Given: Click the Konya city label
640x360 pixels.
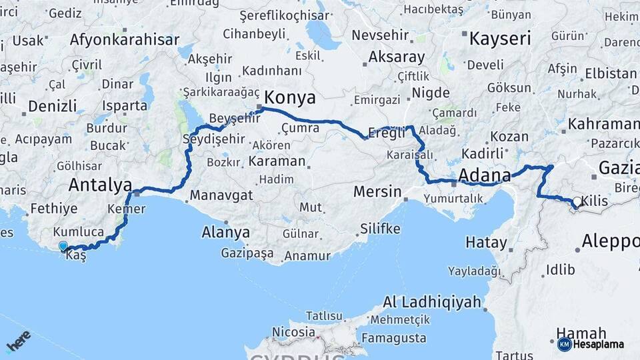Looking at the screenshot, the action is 290,97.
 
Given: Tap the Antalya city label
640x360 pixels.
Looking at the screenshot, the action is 100,184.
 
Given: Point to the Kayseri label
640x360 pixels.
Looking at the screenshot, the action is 500,39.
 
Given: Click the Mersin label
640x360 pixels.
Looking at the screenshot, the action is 377,192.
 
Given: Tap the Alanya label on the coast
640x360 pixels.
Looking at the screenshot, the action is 226,233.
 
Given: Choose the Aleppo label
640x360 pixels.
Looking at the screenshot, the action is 610,241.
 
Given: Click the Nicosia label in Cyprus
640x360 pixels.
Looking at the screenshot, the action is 294,331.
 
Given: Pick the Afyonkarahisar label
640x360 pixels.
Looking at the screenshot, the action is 125,39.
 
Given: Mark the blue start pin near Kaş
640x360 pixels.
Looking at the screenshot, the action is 63,247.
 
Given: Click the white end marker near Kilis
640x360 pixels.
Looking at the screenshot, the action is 576,201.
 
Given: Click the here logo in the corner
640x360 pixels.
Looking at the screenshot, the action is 19,340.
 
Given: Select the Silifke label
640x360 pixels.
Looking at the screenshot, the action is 380,229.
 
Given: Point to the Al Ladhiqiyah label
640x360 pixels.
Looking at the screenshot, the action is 432,303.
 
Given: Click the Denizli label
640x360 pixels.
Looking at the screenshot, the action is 53,106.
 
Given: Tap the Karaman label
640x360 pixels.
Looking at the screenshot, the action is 277,161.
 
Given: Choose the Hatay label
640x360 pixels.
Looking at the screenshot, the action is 486,243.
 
